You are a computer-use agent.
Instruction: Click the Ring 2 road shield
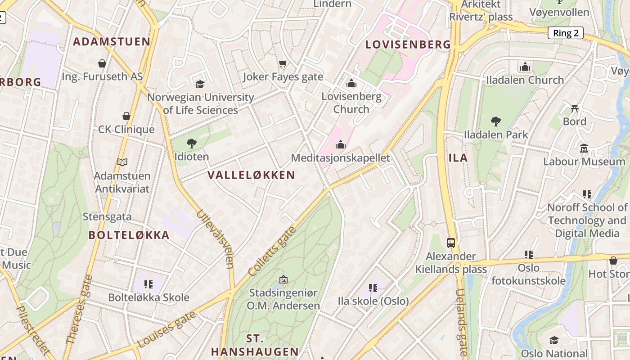(565, 33)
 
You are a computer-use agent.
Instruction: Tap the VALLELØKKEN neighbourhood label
(251, 175)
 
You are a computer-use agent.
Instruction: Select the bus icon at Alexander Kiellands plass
(451, 243)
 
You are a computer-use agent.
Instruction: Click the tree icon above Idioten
(192, 144)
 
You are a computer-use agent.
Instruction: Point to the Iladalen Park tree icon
(496, 121)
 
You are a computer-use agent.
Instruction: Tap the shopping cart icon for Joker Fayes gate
(283, 64)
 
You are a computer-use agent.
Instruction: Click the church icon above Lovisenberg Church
(351, 83)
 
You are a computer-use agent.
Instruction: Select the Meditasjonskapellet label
(341, 158)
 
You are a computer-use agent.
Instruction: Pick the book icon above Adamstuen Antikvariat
(122, 162)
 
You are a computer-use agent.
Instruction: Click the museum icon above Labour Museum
(584, 148)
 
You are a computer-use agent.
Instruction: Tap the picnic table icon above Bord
(575, 108)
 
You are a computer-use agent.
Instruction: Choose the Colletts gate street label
(272, 251)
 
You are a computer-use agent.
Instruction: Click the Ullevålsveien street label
(215, 238)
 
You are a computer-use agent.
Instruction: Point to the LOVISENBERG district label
(408, 45)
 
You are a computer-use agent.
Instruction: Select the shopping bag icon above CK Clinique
(126, 117)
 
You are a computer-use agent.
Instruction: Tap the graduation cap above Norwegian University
(200, 84)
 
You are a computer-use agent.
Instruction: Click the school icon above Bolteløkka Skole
(148, 284)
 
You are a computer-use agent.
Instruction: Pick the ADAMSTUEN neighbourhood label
(112, 42)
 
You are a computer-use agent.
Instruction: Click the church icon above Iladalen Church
(525, 67)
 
